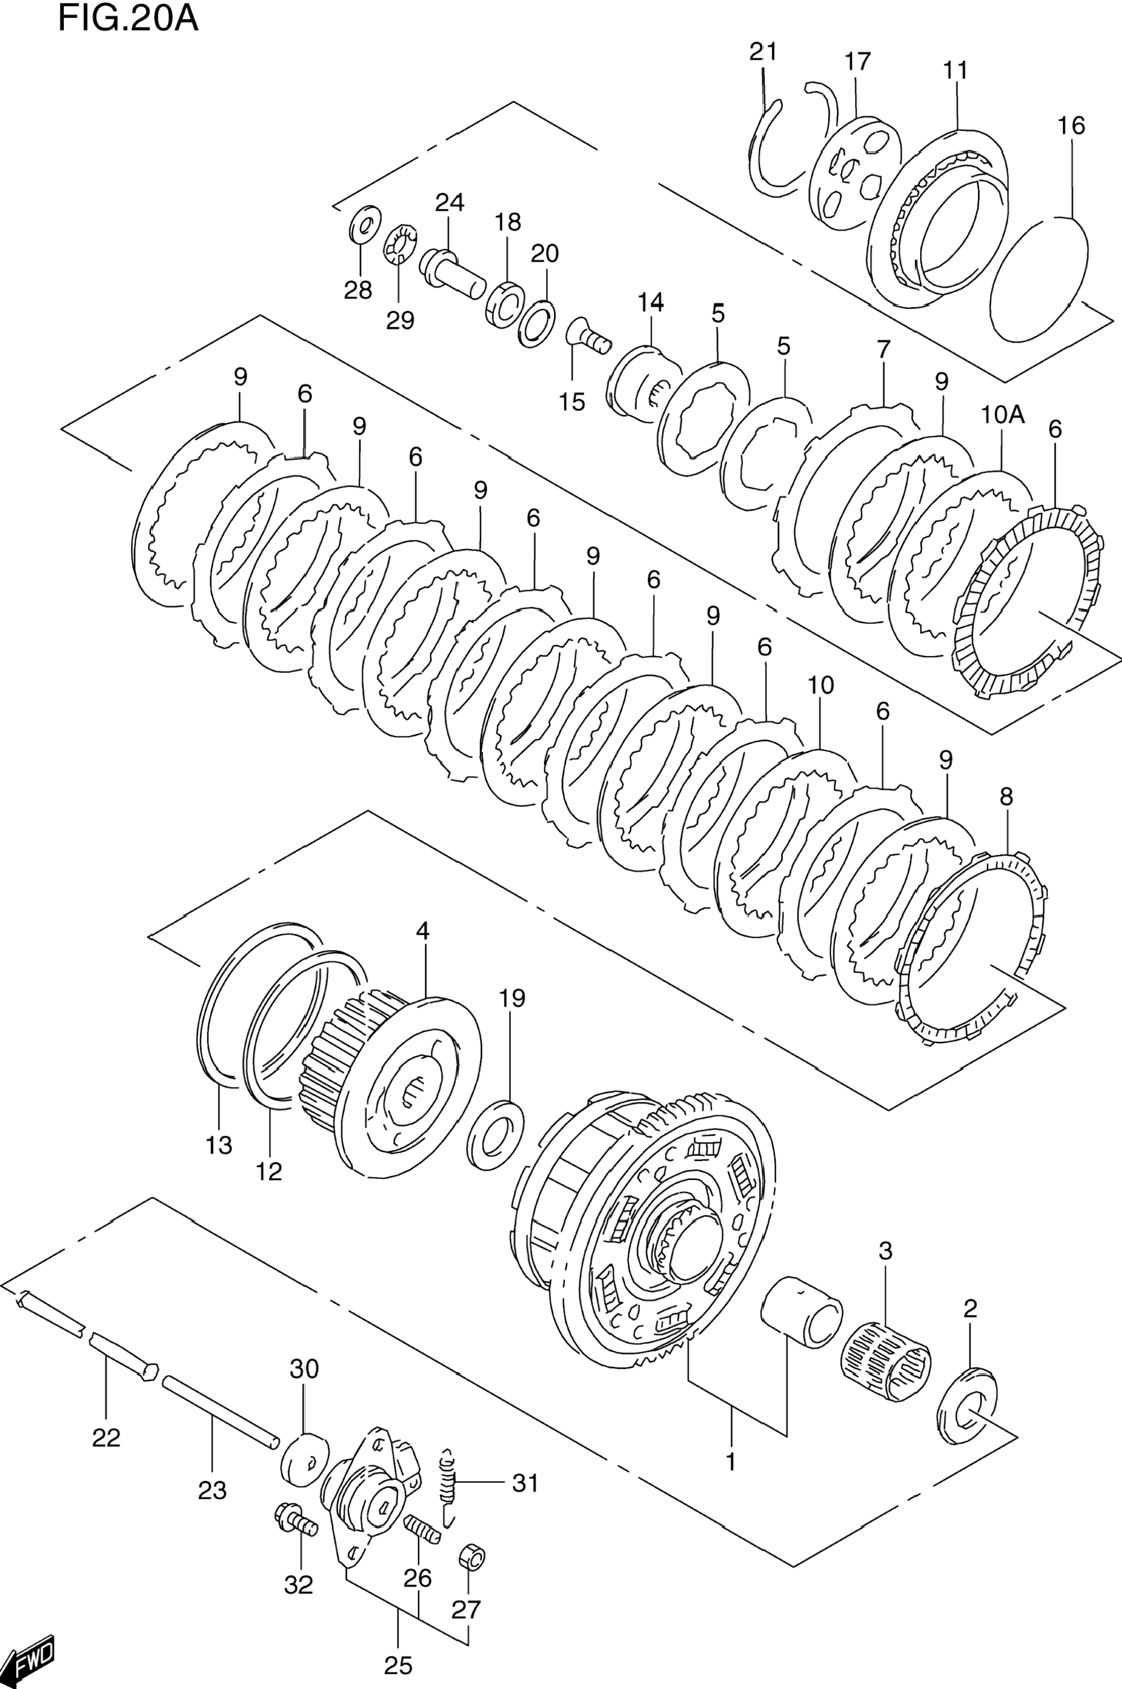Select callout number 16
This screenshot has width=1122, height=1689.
click(1071, 126)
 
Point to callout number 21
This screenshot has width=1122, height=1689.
click(763, 52)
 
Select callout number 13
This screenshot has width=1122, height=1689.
click(219, 1146)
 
